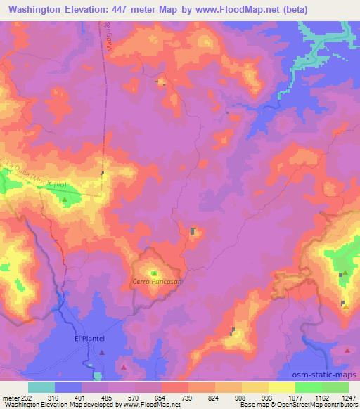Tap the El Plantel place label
click(x=89, y=338)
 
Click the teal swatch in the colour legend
click(x=41, y=387)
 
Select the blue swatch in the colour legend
click(x=68, y=387)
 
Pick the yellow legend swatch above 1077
click(x=281, y=387)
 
